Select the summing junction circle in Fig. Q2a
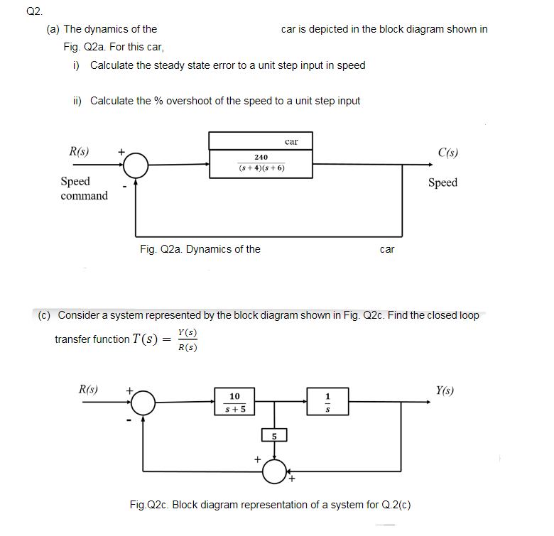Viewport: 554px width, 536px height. pyautogui.click(x=136, y=165)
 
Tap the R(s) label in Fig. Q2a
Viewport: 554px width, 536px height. pyautogui.click(x=79, y=151)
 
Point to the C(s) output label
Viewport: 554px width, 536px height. pyautogui.click(x=447, y=152)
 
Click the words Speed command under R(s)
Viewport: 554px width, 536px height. pyautogui.click(x=84, y=189)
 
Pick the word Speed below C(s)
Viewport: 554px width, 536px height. pyautogui.click(x=442, y=182)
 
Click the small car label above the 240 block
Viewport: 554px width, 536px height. pyautogui.click(x=290, y=141)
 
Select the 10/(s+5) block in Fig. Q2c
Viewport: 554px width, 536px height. pyautogui.click(x=234, y=402)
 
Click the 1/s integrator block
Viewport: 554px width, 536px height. pyautogui.click(x=327, y=402)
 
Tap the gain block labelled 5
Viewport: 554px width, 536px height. pyautogui.click(x=274, y=435)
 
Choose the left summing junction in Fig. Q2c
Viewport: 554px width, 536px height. pyautogui.click(x=143, y=403)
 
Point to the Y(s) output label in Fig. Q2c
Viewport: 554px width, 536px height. pyautogui.click(x=445, y=390)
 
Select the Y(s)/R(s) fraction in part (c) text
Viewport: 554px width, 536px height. pyautogui.click(x=188, y=340)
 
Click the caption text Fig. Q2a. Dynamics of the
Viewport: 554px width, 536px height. pyautogui.click(x=200, y=249)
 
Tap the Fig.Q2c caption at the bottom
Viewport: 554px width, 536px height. pyautogui.click(x=270, y=505)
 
